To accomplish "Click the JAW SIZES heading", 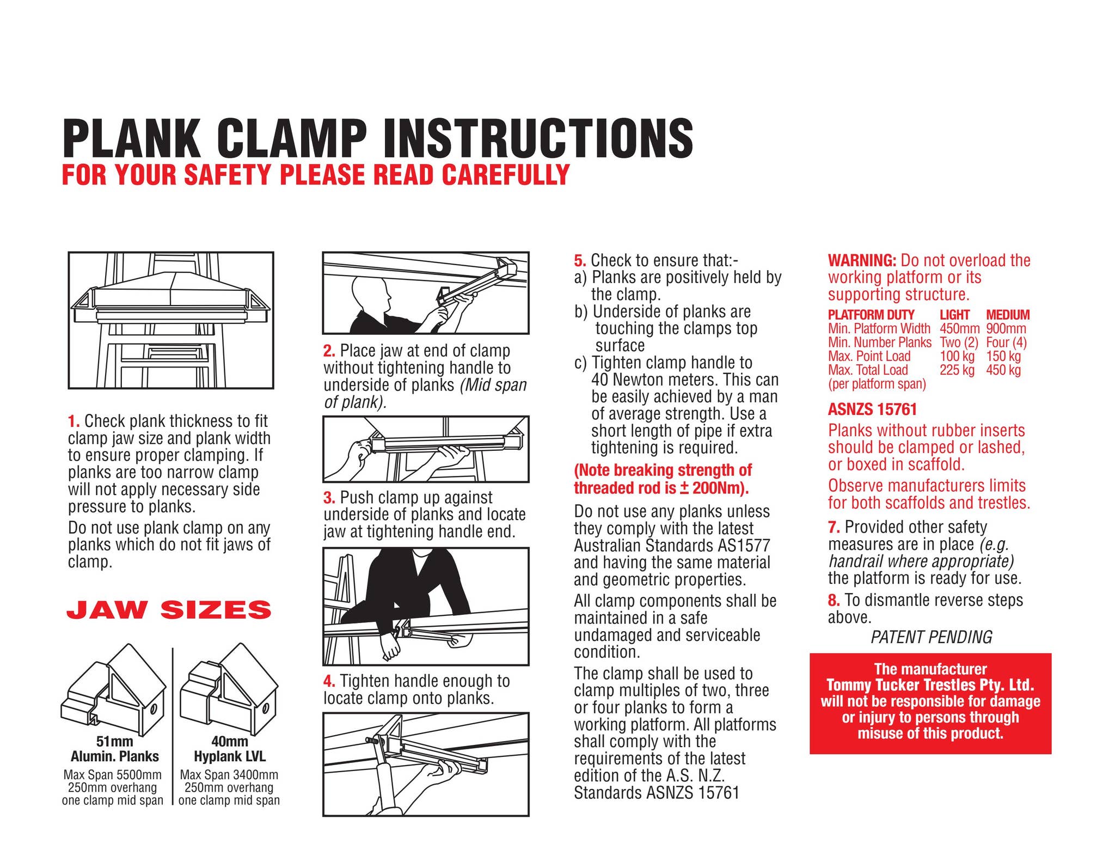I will pos(169,610).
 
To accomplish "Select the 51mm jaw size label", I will pos(114,742).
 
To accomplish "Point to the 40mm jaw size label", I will pos(229,742).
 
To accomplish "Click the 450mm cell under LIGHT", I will pos(959,329).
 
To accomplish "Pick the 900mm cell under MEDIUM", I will pos(1006,329).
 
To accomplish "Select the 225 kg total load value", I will pos(957,370).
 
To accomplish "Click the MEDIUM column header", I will pos(1008,315).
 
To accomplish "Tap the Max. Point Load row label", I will pos(869,357).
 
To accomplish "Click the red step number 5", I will pos(580,260).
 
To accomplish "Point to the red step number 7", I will pos(834,527).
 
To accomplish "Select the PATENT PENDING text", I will pos(931,637).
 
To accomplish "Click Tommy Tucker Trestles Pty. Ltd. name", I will pos(930,685).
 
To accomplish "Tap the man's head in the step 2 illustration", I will pos(370,294).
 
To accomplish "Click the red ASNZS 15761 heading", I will pos(872,409).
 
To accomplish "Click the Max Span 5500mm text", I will pos(112,775).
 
